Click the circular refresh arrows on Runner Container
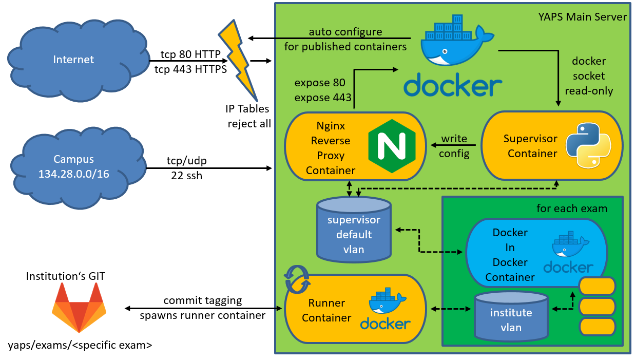(298, 279)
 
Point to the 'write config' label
(454, 146)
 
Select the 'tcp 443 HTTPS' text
(190, 69)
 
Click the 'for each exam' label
(572, 209)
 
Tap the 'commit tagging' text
(203, 300)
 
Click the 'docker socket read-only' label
(588, 76)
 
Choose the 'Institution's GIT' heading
(66, 277)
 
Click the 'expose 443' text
(323, 98)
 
